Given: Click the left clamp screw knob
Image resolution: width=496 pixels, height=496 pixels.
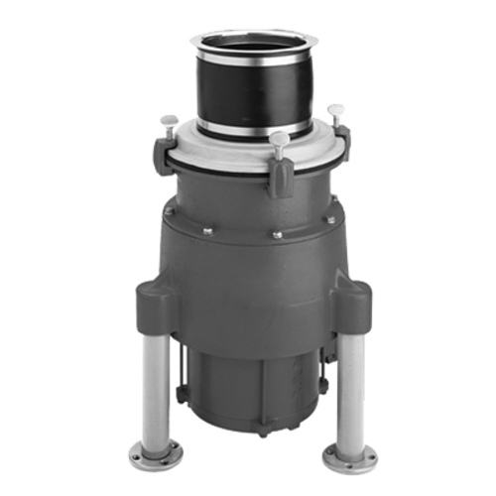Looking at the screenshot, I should coord(169,120).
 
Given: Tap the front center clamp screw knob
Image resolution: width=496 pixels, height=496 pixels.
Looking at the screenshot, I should coord(280,138).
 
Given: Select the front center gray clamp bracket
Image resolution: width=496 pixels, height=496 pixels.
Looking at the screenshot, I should coord(281,179).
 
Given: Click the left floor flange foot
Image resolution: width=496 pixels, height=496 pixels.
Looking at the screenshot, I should coord(155,457).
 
